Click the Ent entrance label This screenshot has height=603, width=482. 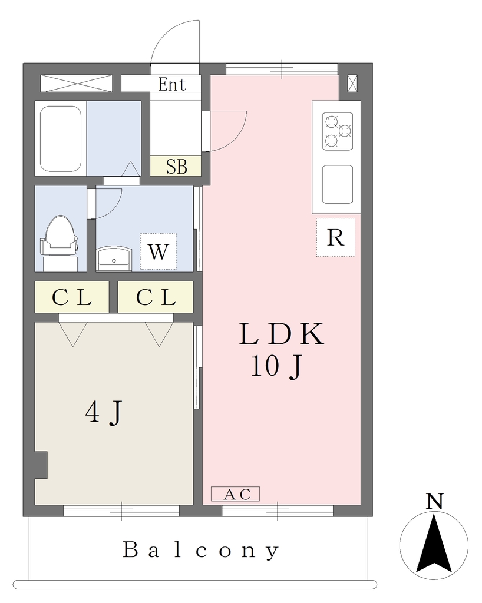point(172,85)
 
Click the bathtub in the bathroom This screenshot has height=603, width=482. point(61,139)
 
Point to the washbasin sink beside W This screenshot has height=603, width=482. point(114,259)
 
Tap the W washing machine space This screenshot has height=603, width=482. point(158,251)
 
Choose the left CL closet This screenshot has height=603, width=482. point(72,297)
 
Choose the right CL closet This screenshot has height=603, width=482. point(156,297)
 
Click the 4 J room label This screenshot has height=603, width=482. point(104,412)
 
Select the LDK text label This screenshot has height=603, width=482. point(281,334)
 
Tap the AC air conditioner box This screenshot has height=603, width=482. point(236,494)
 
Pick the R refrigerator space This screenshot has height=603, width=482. point(336,237)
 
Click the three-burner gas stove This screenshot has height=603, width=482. point(338,131)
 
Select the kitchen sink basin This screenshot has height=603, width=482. point(338,184)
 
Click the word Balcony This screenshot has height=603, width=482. point(201,550)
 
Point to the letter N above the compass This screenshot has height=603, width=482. point(435,501)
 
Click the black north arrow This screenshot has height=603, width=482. point(434,544)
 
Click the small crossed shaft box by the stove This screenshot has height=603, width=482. point(352,84)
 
